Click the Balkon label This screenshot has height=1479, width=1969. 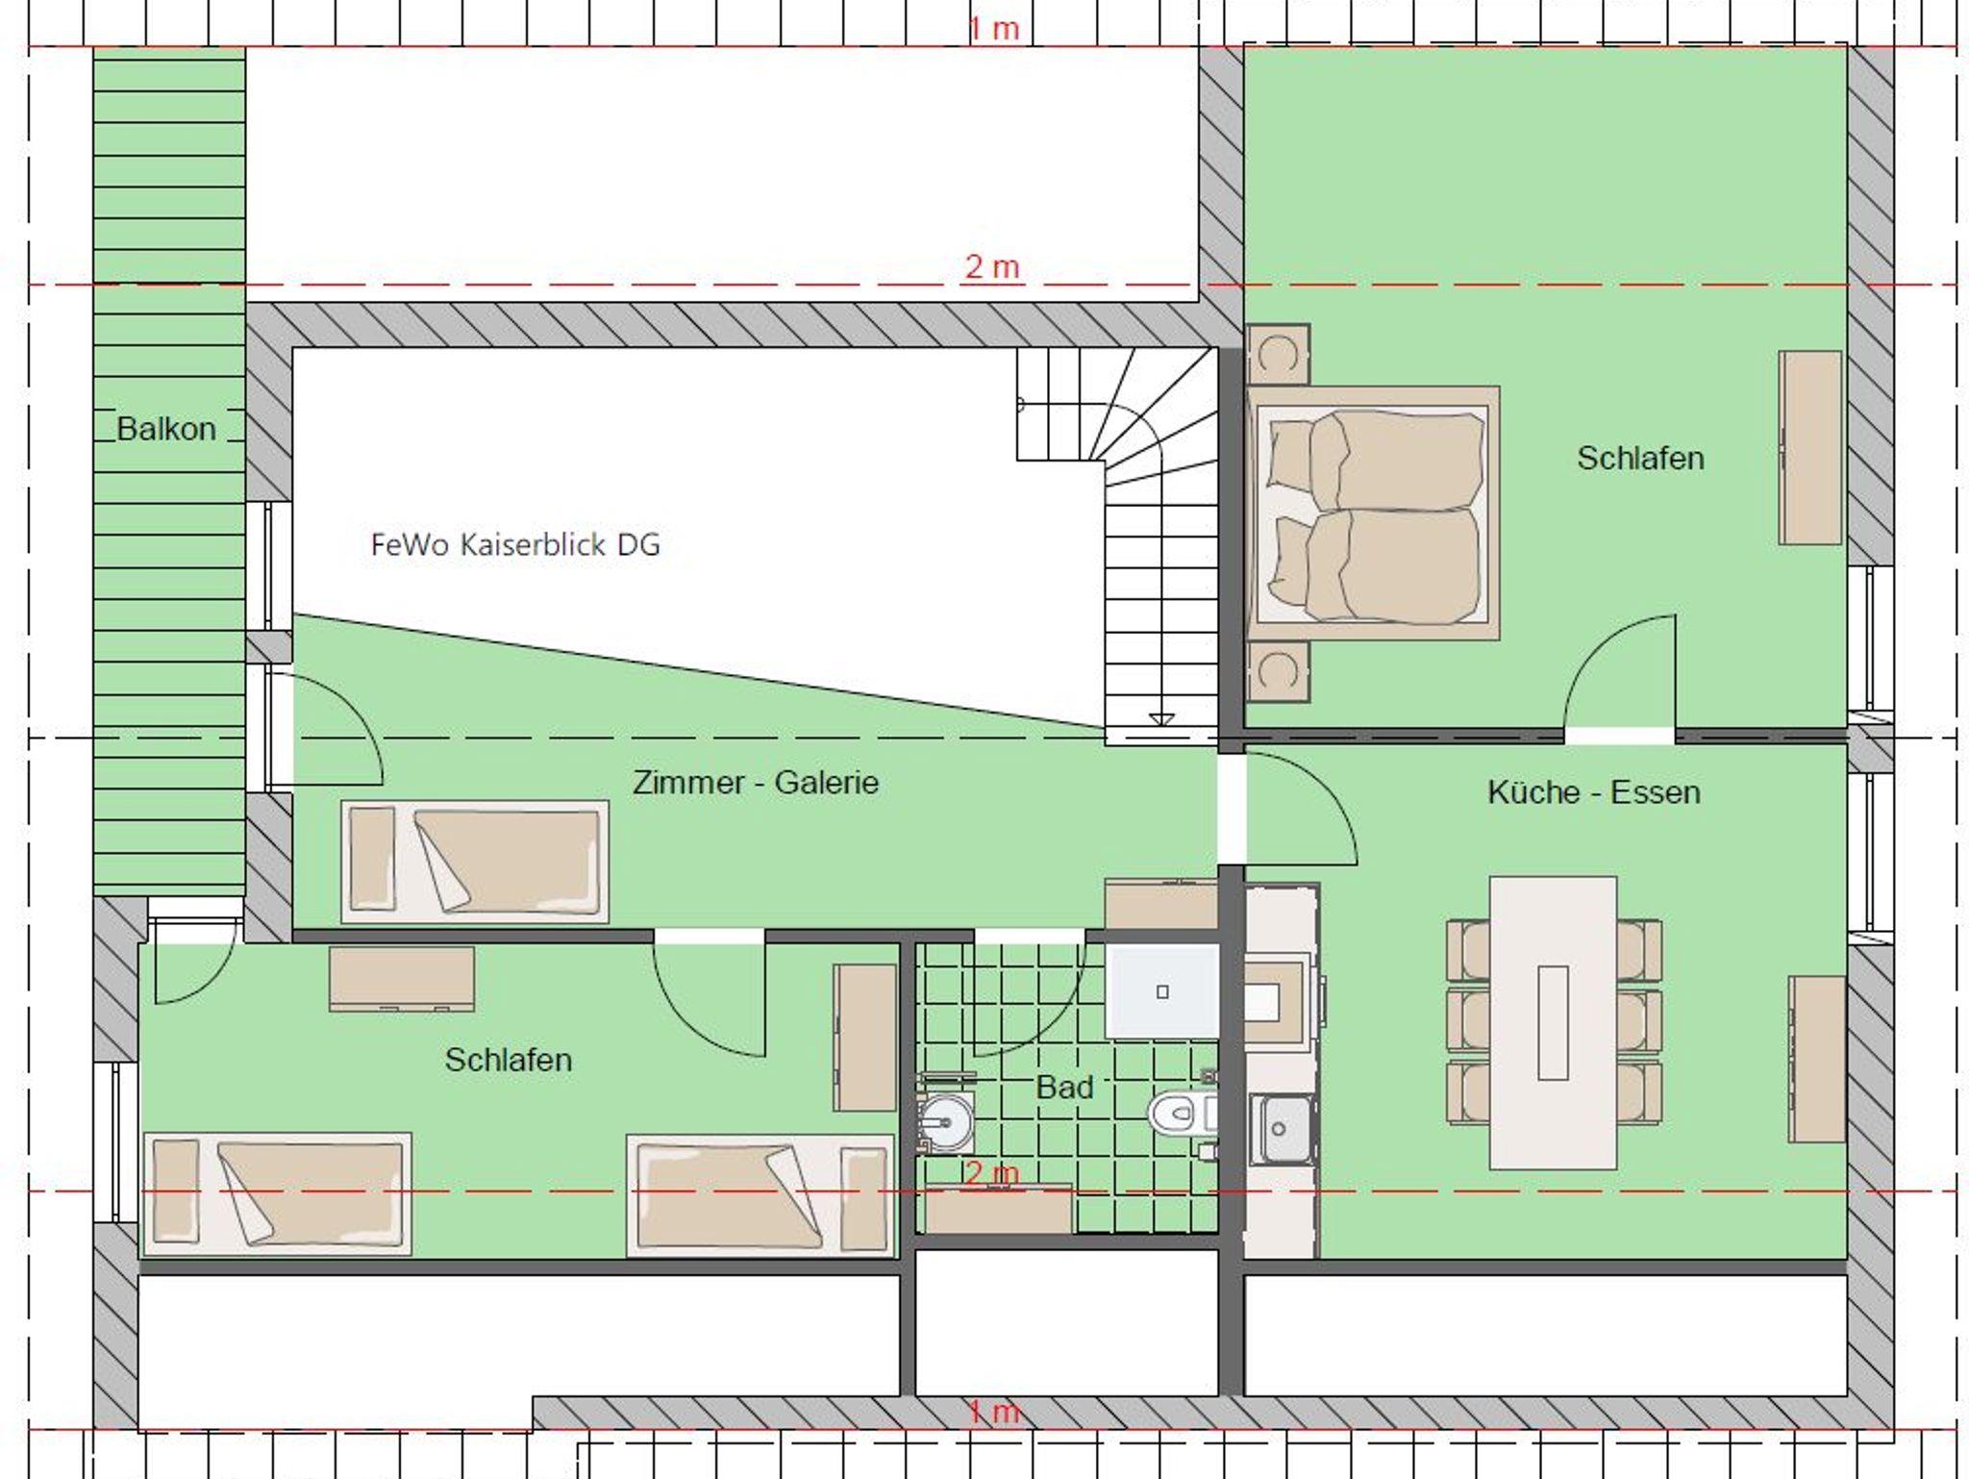point(166,428)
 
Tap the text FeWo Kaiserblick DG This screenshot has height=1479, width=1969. point(515,545)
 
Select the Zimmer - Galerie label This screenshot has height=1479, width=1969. point(756,783)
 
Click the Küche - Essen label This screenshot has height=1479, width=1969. point(1594,792)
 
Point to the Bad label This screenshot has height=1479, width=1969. point(1064,1088)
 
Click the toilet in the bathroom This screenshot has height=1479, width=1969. point(1181,1114)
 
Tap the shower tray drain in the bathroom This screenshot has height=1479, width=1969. point(1162,991)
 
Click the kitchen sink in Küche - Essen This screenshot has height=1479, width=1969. point(1280,1129)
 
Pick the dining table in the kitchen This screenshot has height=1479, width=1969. point(1553,1022)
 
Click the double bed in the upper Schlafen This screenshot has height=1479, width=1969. point(1373,514)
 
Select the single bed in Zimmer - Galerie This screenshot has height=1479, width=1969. point(475,862)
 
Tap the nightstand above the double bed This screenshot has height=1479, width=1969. point(1279,355)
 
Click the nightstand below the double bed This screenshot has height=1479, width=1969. point(1279,671)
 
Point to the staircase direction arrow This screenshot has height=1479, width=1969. point(1161,719)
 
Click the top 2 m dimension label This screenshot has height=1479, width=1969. point(991,266)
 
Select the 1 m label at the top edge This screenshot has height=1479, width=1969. point(993,28)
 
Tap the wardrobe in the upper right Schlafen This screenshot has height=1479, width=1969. point(1810,448)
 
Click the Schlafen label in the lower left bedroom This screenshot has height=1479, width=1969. point(508,1060)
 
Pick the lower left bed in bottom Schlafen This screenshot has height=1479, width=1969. point(277,1194)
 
